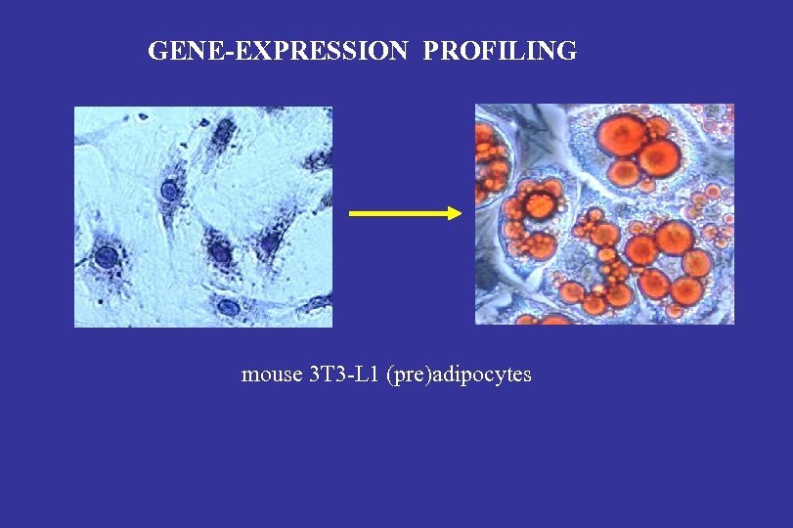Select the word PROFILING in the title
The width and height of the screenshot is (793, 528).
click(500, 51)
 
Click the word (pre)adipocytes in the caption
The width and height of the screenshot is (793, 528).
click(460, 374)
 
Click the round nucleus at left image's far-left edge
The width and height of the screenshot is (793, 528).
click(105, 257)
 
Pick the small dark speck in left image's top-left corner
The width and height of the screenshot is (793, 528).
click(143, 116)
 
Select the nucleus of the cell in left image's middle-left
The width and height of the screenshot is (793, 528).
click(170, 190)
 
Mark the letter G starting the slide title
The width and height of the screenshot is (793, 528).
click(156, 51)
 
